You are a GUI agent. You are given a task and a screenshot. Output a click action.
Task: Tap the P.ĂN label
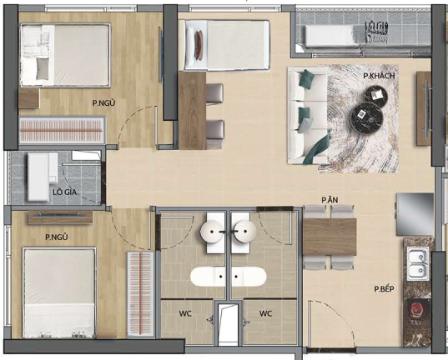pyautogui.click(x=330, y=200)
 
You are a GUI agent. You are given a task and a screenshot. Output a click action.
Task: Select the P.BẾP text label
pyautogui.click(x=385, y=289)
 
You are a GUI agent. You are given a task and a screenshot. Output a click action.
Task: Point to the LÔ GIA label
pyautogui.click(x=65, y=192)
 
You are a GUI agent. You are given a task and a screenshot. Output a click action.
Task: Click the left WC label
pyautogui.click(x=185, y=313)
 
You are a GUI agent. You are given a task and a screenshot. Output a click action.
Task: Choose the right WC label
pyautogui.click(x=265, y=313)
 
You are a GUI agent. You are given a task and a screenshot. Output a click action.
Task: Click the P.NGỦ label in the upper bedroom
pyautogui.click(x=103, y=103)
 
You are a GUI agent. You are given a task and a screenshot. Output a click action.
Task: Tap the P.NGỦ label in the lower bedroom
pyautogui.click(x=57, y=237)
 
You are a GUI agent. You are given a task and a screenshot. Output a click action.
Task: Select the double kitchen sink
pyautogui.click(x=418, y=264)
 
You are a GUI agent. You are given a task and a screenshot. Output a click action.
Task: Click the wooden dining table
pyautogui.click(x=330, y=237)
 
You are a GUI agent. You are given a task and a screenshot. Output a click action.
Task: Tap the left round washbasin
pyautogui.click(x=212, y=232)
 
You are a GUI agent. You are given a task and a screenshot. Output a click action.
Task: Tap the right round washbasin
pyautogui.click(x=245, y=232)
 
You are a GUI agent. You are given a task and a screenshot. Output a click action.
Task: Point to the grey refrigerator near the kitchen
pyautogui.click(x=415, y=214)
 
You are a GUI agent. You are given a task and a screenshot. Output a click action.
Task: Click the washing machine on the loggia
pyautogui.click(x=39, y=177)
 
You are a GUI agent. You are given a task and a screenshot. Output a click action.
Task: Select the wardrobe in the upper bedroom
pyautogui.click(x=62, y=131)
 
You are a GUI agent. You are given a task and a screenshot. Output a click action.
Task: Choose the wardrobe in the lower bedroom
pyautogui.click(x=141, y=294)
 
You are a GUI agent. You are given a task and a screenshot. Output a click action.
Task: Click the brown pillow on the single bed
pyautogui.click(x=199, y=45)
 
